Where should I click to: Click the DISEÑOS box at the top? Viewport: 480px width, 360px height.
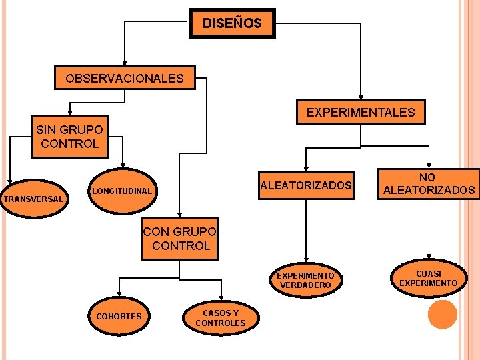[x=232, y=24]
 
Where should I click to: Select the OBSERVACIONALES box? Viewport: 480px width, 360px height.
[x=125, y=79]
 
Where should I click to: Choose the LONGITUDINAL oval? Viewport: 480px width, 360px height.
[x=122, y=192]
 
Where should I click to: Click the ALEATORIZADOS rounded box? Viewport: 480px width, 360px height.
[x=306, y=185]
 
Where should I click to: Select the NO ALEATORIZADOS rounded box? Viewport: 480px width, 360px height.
[x=429, y=184]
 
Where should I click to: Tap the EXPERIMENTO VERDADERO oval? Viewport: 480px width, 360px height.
[x=305, y=280]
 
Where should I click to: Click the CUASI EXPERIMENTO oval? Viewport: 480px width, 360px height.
[x=429, y=279]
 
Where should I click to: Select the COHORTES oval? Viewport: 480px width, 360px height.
[x=119, y=316]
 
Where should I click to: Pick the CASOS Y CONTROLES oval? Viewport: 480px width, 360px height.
[x=221, y=318]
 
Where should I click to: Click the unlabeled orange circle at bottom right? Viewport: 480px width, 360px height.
[x=442, y=315]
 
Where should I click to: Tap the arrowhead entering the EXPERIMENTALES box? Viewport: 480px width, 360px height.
[x=361, y=99]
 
